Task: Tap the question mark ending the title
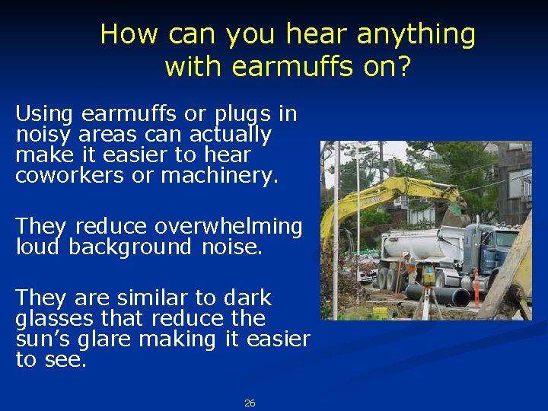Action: coord(403,67)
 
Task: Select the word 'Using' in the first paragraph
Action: coord(44,115)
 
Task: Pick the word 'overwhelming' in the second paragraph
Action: coord(228,227)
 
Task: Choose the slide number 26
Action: coord(250,403)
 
